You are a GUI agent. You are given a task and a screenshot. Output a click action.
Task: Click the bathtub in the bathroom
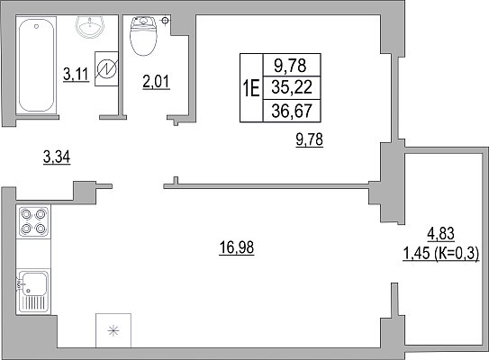point(36,65)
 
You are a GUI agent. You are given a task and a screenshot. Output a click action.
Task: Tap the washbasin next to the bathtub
point(90,26)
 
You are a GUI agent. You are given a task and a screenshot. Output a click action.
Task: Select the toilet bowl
point(143,36)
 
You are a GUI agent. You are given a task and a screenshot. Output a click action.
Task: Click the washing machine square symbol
point(106,69)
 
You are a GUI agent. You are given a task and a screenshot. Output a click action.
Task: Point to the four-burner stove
point(33,221)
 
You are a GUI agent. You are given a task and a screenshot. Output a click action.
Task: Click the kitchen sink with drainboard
point(33,291)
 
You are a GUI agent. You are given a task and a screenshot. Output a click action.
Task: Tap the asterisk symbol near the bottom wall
point(113,331)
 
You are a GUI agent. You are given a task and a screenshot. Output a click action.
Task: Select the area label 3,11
point(76,75)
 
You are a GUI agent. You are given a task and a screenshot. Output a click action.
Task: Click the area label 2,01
point(156,82)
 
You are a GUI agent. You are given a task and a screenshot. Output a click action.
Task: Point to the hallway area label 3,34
point(57,157)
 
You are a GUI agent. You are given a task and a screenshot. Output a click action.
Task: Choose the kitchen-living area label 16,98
point(237,247)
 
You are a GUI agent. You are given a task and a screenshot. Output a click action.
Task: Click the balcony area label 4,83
point(440,233)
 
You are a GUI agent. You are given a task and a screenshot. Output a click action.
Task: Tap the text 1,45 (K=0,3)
point(441,254)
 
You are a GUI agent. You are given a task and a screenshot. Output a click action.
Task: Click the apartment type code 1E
point(251,88)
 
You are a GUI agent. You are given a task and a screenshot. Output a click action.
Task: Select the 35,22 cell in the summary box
point(292,87)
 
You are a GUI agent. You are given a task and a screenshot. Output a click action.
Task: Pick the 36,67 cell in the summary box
point(292,111)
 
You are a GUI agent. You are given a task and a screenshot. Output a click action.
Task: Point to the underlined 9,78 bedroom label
point(310,139)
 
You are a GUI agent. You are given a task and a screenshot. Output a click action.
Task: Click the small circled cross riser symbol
point(166,21)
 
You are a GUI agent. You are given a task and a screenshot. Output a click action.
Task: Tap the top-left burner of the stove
point(26,214)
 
